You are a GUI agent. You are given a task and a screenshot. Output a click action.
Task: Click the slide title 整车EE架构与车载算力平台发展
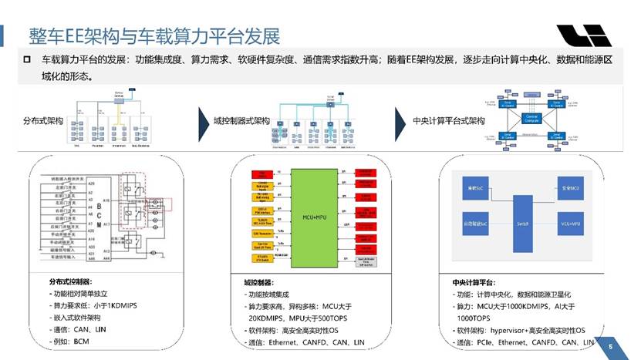coord(154,35)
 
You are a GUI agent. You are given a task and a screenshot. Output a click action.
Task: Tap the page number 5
coord(610,347)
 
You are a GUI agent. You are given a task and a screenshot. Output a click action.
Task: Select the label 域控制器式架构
coord(241,122)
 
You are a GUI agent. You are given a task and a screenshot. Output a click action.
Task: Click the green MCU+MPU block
coord(314,217)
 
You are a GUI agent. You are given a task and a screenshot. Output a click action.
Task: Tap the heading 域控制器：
coord(257,283)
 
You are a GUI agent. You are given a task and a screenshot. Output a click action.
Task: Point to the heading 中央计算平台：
coord(474,283)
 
